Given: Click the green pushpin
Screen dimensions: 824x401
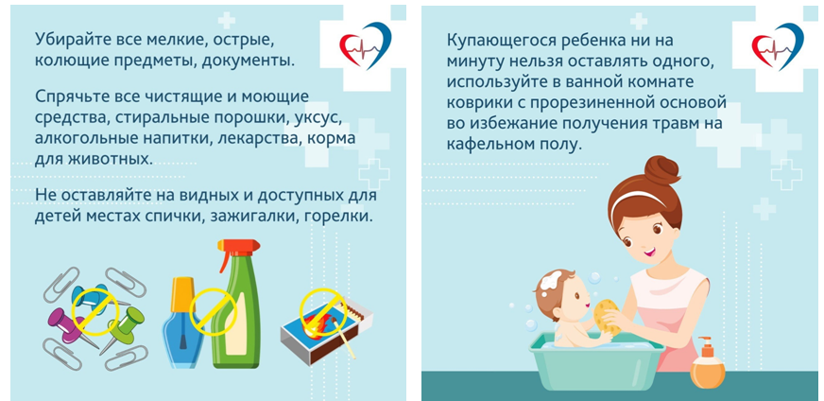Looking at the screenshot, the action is (124, 327).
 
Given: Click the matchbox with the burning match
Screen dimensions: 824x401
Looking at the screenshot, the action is (325, 333).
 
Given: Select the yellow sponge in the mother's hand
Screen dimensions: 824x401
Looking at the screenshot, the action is (608, 316).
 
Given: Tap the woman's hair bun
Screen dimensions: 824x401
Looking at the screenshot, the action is (662, 171).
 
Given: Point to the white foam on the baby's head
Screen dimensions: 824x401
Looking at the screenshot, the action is (550, 280).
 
